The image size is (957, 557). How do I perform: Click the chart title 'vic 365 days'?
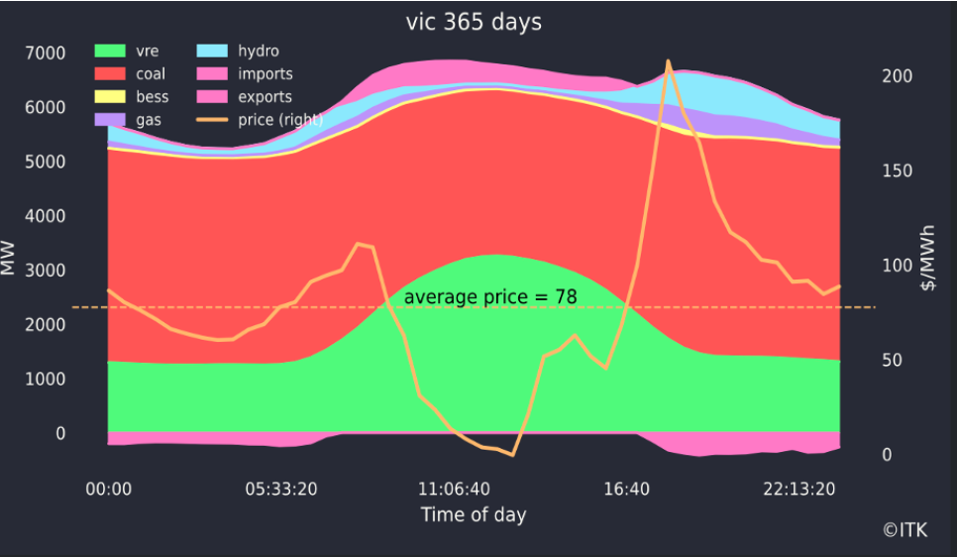(x=474, y=21)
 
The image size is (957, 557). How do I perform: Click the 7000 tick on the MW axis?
(x=46, y=53)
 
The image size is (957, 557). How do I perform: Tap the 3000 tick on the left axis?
(x=46, y=271)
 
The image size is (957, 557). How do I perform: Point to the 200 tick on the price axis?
(x=896, y=76)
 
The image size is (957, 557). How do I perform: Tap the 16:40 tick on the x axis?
(x=626, y=489)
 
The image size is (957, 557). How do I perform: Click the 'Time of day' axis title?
(x=474, y=514)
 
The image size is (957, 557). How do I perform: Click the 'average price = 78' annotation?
(x=489, y=296)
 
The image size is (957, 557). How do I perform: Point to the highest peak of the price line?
(x=669, y=61)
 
